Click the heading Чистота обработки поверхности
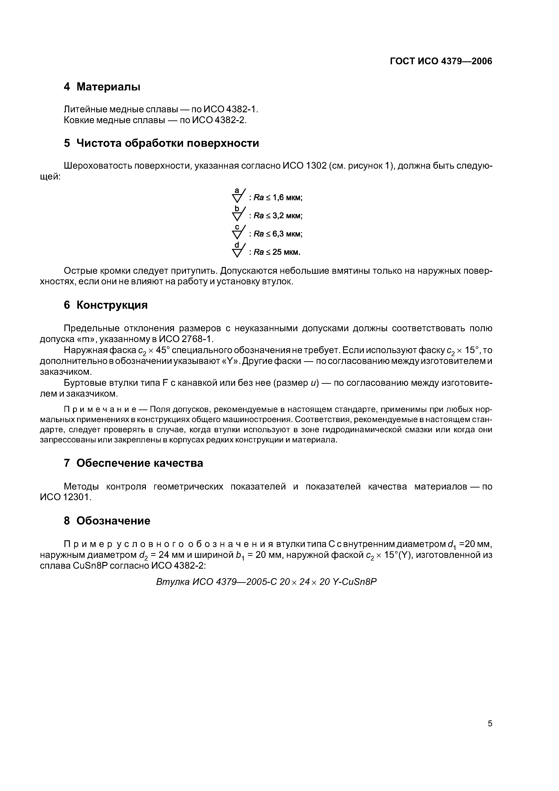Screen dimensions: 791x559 click(167, 143)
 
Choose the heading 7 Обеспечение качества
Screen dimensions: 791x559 click(134, 463)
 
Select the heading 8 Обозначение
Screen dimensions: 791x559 click(107, 521)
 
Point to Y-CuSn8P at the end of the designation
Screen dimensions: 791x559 click(355, 582)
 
